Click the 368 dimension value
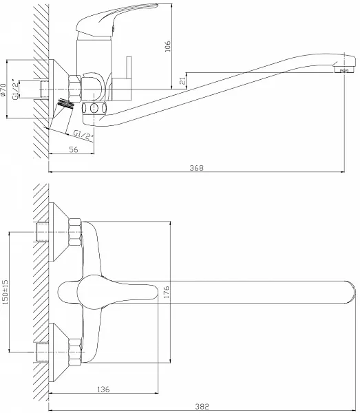click(x=197, y=168)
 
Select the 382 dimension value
click(x=202, y=406)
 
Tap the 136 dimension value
click(x=103, y=389)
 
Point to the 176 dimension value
click(x=167, y=292)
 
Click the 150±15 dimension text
click(x=6, y=292)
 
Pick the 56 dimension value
click(x=74, y=149)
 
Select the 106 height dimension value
click(x=167, y=46)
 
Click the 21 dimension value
click(x=182, y=81)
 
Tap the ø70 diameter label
click(x=3, y=89)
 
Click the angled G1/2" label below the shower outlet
click(x=83, y=135)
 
